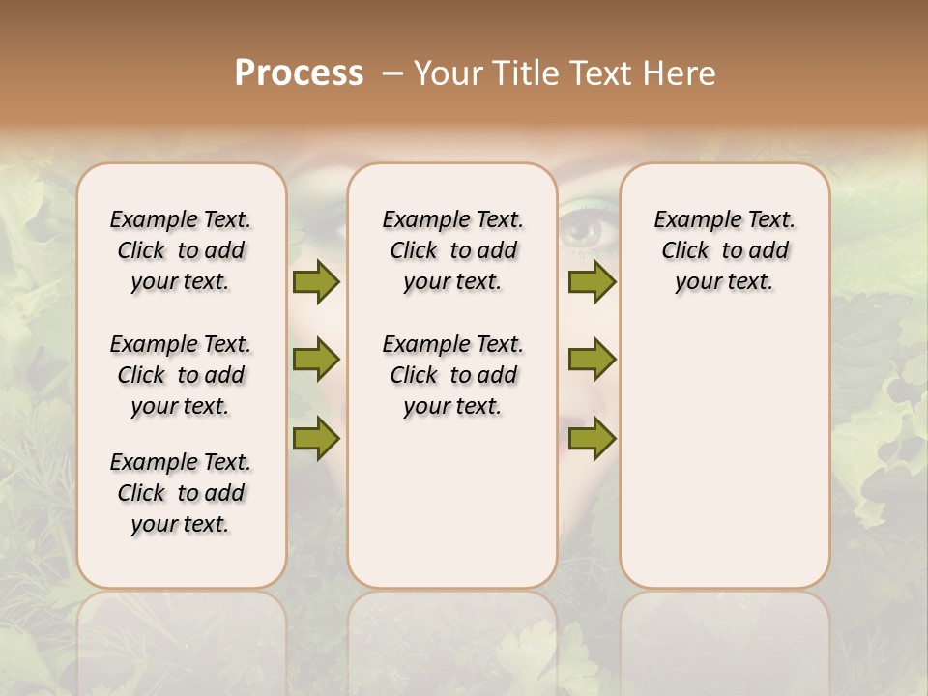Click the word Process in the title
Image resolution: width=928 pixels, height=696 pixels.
299,73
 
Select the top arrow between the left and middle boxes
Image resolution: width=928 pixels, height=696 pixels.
316,281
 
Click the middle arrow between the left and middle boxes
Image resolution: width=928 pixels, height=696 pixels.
316,360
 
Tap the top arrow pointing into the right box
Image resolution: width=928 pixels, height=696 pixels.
592,281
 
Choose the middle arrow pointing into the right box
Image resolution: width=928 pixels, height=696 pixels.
592,360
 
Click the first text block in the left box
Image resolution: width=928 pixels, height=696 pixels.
181,250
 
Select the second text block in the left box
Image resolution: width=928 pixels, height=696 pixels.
181,375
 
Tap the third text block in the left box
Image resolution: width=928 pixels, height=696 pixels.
181,493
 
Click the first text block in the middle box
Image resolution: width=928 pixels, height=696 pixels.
452,250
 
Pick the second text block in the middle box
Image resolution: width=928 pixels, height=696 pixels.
452,375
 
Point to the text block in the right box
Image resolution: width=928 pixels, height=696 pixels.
724,250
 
